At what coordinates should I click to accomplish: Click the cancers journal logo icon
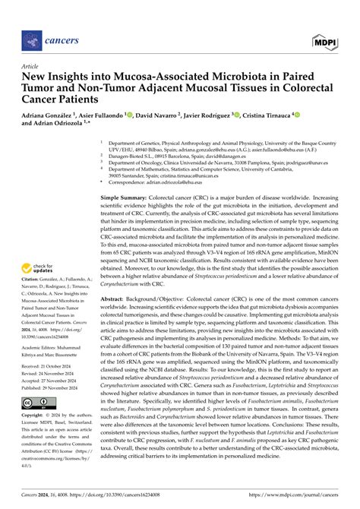click(32, 37)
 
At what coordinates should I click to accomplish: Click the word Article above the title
click(31, 67)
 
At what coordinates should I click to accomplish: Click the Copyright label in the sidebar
click(35, 417)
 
